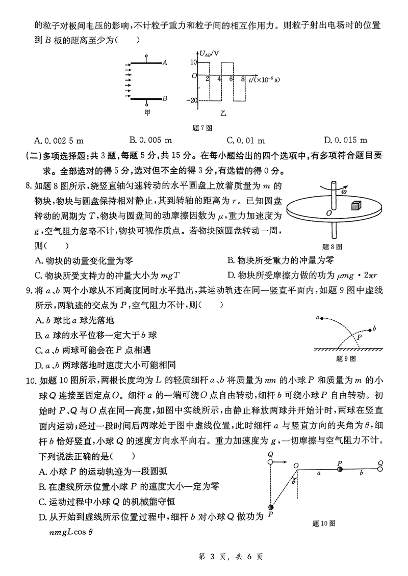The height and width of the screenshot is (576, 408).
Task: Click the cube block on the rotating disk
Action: (x=355, y=206)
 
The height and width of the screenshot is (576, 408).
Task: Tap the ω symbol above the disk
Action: (x=344, y=191)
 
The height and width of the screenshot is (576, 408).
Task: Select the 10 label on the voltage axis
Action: (x=193, y=62)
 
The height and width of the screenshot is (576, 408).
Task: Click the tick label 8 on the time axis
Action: (x=243, y=79)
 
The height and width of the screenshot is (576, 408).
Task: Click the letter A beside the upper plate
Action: (x=165, y=63)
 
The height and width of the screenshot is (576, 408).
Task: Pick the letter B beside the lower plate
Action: (x=165, y=99)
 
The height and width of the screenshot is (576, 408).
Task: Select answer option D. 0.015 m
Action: (x=345, y=140)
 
